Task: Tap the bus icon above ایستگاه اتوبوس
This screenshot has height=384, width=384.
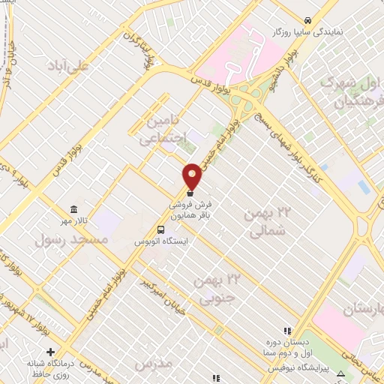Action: pyautogui.click(x=161, y=229)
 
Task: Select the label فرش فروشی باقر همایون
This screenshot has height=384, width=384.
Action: pyautogui.click(x=190, y=208)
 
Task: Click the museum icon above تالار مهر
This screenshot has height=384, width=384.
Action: pyautogui.click(x=73, y=209)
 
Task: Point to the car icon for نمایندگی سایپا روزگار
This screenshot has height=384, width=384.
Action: pyautogui.click(x=307, y=19)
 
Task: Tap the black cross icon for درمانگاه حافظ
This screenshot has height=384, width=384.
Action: pyautogui.click(x=50, y=351)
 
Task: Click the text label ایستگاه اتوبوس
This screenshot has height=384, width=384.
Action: pyautogui.click(x=161, y=241)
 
